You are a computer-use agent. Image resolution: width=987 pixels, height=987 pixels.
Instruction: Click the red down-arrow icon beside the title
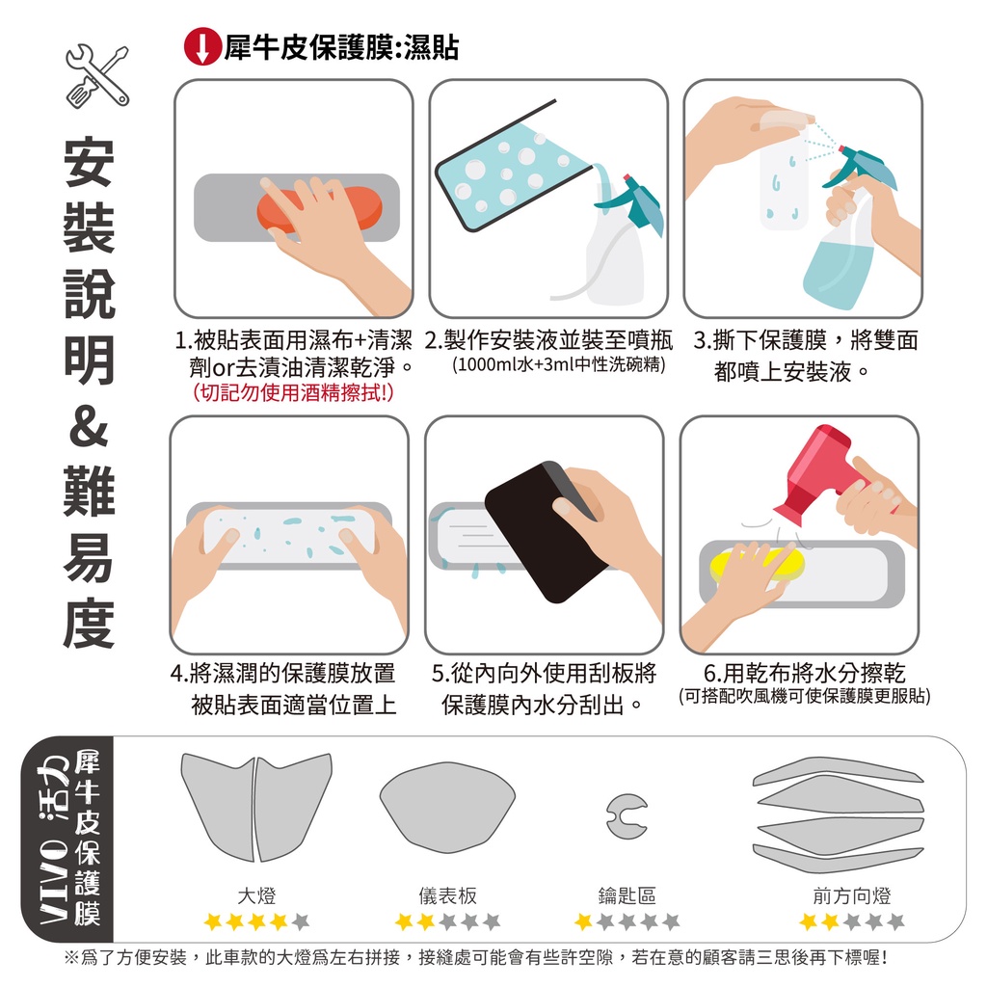[x=202, y=47]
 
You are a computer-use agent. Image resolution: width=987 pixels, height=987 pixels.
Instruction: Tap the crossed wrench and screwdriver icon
[x=97, y=75]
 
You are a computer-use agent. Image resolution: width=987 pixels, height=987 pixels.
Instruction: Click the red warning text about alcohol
[x=293, y=393]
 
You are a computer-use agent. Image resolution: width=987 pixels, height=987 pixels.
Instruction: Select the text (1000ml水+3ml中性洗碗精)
[x=558, y=364]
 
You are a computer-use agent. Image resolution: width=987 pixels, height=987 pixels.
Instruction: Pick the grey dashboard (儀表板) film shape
[x=447, y=808]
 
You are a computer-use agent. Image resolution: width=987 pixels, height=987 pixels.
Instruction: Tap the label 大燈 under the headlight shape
[x=256, y=895]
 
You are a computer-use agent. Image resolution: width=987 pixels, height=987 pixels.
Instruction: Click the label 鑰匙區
[x=627, y=895]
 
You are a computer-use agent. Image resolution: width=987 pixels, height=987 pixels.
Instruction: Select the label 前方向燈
[x=852, y=895]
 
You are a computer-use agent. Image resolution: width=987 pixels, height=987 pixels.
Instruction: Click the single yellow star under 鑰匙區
[x=583, y=922]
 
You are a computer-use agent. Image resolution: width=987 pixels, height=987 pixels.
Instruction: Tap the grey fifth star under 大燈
[x=301, y=922]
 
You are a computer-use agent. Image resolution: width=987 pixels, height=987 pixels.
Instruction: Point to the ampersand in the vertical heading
[x=89, y=426]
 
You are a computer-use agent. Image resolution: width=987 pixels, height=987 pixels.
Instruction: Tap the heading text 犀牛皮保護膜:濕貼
[x=341, y=47]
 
